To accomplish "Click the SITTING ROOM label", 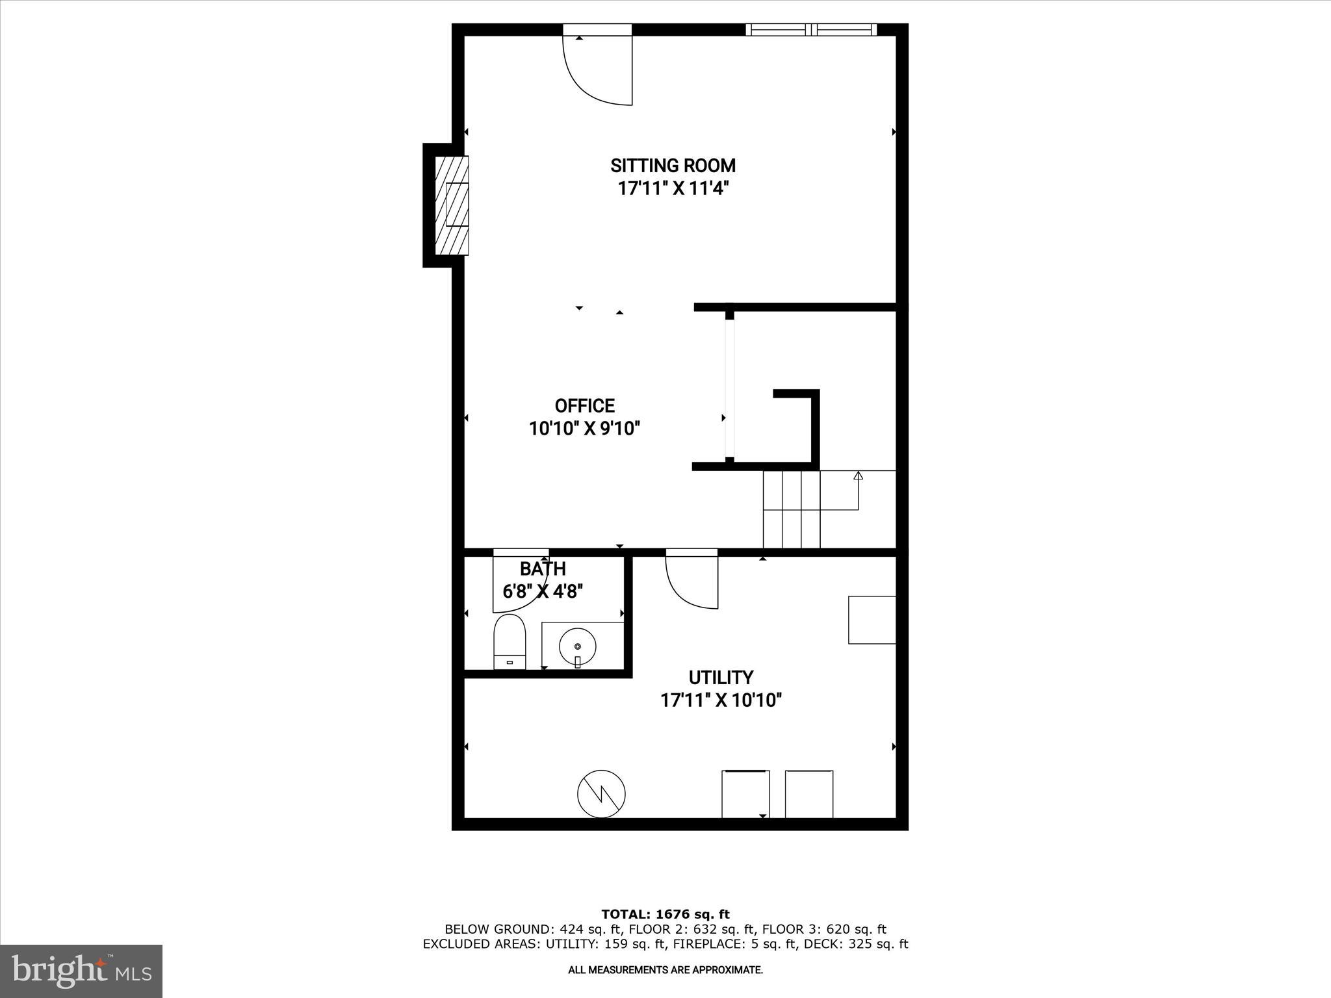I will point(673,166).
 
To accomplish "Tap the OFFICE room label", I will point(584,406).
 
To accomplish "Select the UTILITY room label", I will point(721,678).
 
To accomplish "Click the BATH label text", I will point(543,569).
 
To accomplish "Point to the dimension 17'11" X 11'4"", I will point(673,189).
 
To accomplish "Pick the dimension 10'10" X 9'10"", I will point(584,429).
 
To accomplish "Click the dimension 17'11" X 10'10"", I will point(721,700).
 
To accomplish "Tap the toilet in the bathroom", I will point(510,642).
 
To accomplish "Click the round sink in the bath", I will point(577,646).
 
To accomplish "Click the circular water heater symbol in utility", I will point(601,794).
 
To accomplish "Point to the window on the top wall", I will point(810,29).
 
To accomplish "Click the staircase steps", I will point(792,510).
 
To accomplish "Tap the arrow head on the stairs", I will point(858,476).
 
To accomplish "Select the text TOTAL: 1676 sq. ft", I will point(665,915).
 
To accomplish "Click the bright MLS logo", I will point(81,971).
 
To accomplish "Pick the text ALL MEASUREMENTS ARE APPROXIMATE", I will point(665,970).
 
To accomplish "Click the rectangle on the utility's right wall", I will point(872,620).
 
